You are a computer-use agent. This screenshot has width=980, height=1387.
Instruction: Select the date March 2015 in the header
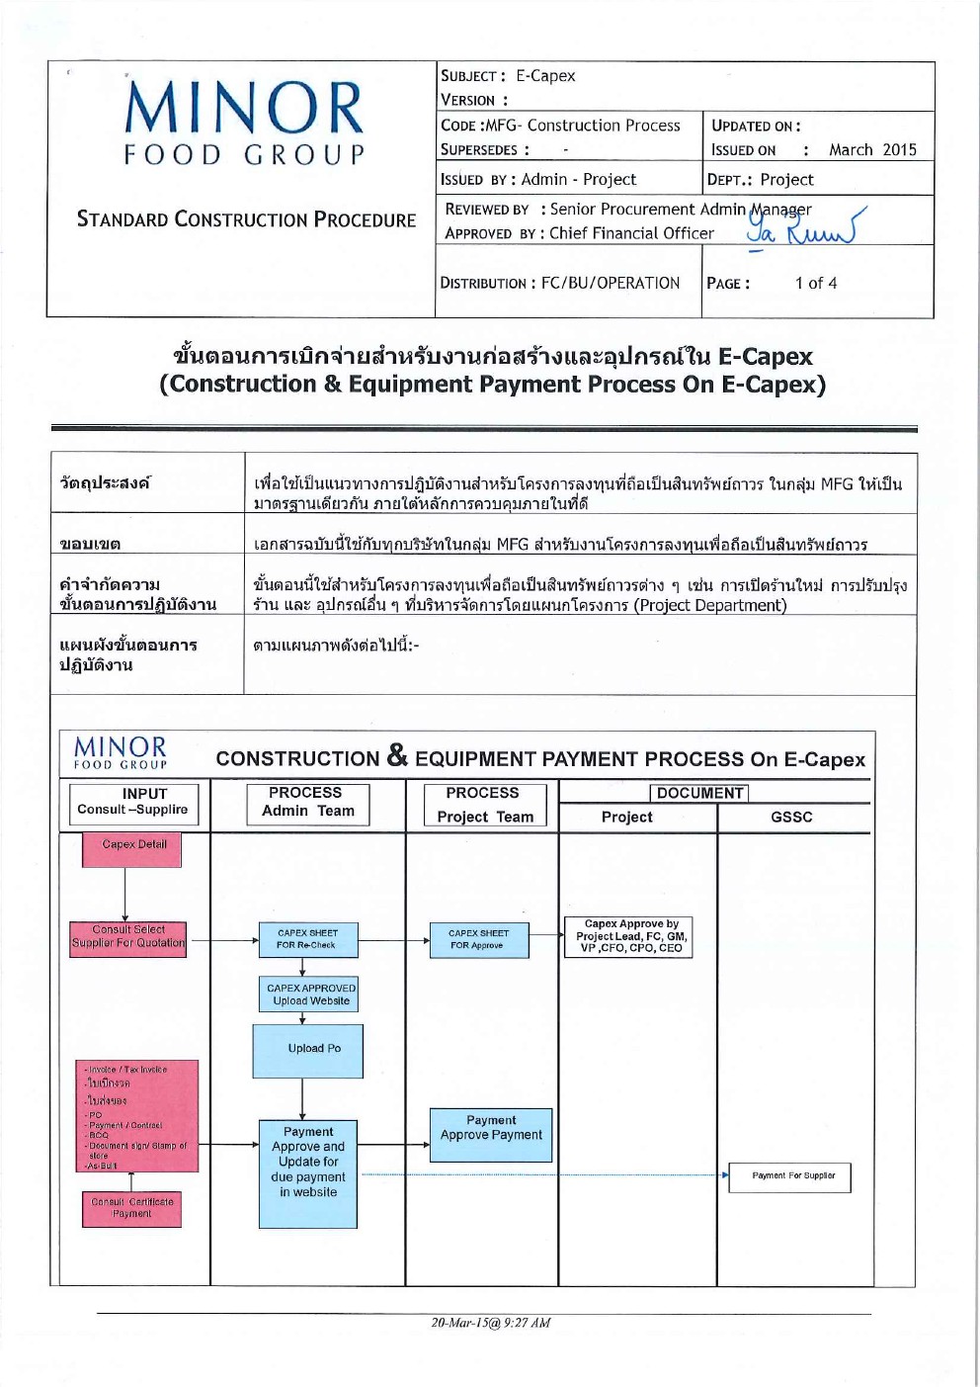click(872, 150)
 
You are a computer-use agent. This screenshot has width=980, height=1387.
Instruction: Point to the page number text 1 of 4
click(816, 284)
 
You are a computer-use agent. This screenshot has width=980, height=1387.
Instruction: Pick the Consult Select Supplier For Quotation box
click(127, 937)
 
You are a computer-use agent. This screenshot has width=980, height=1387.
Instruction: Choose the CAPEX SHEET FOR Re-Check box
click(307, 939)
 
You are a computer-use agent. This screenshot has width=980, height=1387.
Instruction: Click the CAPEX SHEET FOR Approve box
click(479, 939)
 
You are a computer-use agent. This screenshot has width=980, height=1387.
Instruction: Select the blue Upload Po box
click(308, 1049)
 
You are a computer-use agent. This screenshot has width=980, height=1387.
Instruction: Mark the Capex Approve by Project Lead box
click(631, 936)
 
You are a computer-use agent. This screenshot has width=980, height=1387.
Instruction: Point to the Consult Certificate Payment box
click(131, 1208)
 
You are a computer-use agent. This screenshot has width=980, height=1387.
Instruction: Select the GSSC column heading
click(791, 818)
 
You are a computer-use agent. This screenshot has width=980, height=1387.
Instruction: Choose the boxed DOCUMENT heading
click(699, 793)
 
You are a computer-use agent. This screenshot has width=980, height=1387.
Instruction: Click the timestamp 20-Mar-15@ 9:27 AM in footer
click(491, 1323)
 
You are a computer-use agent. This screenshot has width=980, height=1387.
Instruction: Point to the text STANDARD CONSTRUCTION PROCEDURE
click(246, 219)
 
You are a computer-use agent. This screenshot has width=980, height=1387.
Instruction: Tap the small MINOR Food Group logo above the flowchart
click(121, 751)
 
